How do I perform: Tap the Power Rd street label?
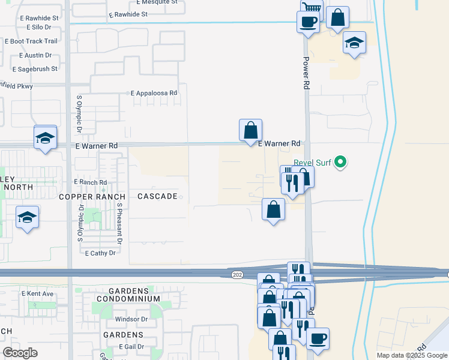click(x=306, y=73)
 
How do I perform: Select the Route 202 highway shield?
click(x=237, y=274)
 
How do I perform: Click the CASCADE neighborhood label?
click(x=157, y=196)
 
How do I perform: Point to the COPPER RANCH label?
click(x=92, y=196)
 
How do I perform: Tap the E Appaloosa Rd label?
click(x=154, y=94)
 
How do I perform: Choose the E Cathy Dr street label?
click(x=100, y=253)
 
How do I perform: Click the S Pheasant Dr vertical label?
click(x=120, y=223)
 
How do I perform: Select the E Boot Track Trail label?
click(x=31, y=41)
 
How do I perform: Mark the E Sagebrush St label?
click(x=30, y=69)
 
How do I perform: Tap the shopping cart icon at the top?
click(x=312, y=8)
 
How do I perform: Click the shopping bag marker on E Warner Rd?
click(x=250, y=130)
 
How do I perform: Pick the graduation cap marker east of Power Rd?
click(x=355, y=43)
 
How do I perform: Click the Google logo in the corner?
click(x=20, y=353)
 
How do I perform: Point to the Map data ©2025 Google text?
click(x=411, y=355)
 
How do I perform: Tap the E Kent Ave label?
click(x=38, y=294)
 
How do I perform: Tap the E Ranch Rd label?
click(x=90, y=182)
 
